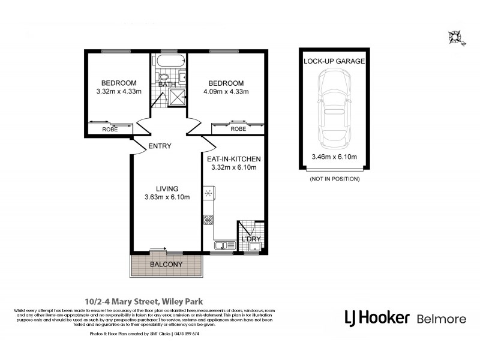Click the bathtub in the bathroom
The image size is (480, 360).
point(170,61)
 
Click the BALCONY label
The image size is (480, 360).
point(166,265)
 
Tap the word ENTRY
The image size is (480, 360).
point(159,146)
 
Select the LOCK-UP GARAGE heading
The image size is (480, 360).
point(335,61)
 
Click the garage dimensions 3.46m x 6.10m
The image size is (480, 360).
point(335,157)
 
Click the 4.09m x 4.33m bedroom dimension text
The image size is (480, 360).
point(226,92)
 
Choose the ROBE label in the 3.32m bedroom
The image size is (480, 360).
point(109,129)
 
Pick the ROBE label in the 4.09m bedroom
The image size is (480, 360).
point(238,129)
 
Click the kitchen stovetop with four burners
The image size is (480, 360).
point(209,219)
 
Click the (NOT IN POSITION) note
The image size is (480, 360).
point(334,179)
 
